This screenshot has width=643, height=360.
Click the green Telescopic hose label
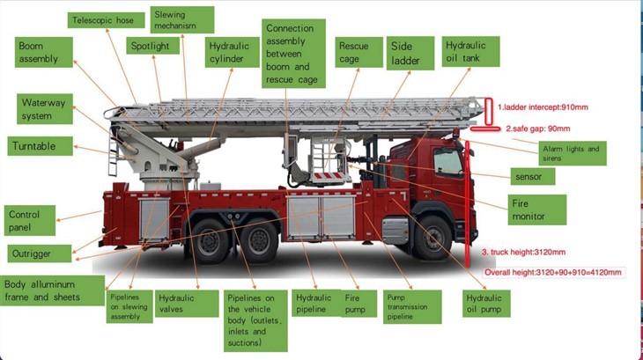104,19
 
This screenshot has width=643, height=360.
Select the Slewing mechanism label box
182,19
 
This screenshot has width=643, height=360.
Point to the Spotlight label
151,45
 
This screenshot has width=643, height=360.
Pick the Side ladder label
410,54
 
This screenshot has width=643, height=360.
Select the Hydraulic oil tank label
470,52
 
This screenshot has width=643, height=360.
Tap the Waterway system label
43,109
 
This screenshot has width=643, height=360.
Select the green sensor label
523,177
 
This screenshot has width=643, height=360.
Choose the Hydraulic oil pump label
484,305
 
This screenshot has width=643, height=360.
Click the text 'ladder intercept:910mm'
545,107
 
